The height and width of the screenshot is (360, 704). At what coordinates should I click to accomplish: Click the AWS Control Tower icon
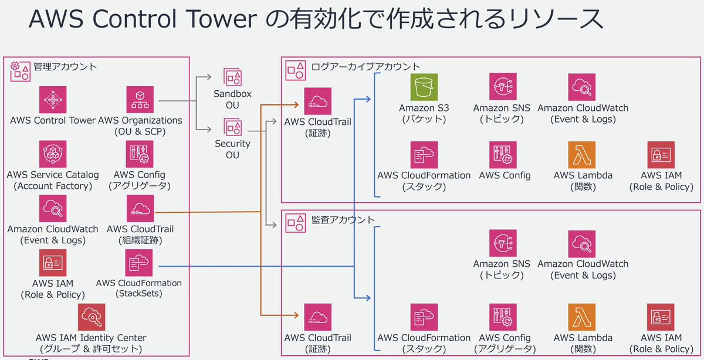pyautogui.click(x=53, y=100)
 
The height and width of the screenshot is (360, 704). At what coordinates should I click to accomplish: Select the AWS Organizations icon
pyautogui.click(x=140, y=100)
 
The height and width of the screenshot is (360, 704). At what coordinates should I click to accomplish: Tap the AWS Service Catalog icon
pyautogui.click(x=53, y=154)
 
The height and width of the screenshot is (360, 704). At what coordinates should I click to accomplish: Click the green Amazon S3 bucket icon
pyautogui.click(x=424, y=87)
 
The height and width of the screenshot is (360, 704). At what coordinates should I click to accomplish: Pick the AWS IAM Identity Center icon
pyautogui.click(x=92, y=317)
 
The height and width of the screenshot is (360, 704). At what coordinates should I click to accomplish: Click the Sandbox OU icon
pyautogui.click(x=232, y=77)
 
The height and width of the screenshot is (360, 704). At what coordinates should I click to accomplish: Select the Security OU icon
pyautogui.click(x=232, y=127)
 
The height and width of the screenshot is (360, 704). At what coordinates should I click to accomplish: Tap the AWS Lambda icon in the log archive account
pyautogui.click(x=582, y=155)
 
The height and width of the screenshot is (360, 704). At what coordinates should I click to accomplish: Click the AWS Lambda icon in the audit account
pyautogui.click(x=582, y=317)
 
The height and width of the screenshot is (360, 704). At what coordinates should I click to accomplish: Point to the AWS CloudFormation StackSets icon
pyautogui.click(x=139, y=263)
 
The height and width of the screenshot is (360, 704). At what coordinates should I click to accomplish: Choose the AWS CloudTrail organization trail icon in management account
pyautogui.click(x=140, y=208)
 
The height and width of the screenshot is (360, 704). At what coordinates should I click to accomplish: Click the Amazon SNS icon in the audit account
pyautogui.click(x=503, y=243)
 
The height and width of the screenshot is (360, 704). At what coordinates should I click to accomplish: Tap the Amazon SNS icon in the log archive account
pyautogui.click(x=503, y=86)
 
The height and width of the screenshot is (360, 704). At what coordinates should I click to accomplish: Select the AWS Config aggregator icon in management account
pyautogui.click(x=140, y=154)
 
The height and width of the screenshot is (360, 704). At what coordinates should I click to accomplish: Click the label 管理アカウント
pyautogui.click(x=65, y=67)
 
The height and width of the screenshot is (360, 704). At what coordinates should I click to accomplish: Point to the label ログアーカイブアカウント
pyautogui.click(x=365, y=67)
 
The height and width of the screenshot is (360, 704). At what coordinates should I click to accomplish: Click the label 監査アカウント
pyautogui.click(x=343, y=220)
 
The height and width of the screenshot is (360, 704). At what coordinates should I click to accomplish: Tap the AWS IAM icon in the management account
pyautogui.click(x=53, y=263)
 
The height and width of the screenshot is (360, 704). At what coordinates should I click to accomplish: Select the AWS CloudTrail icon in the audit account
pyautogui.click(x=318, y=317)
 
